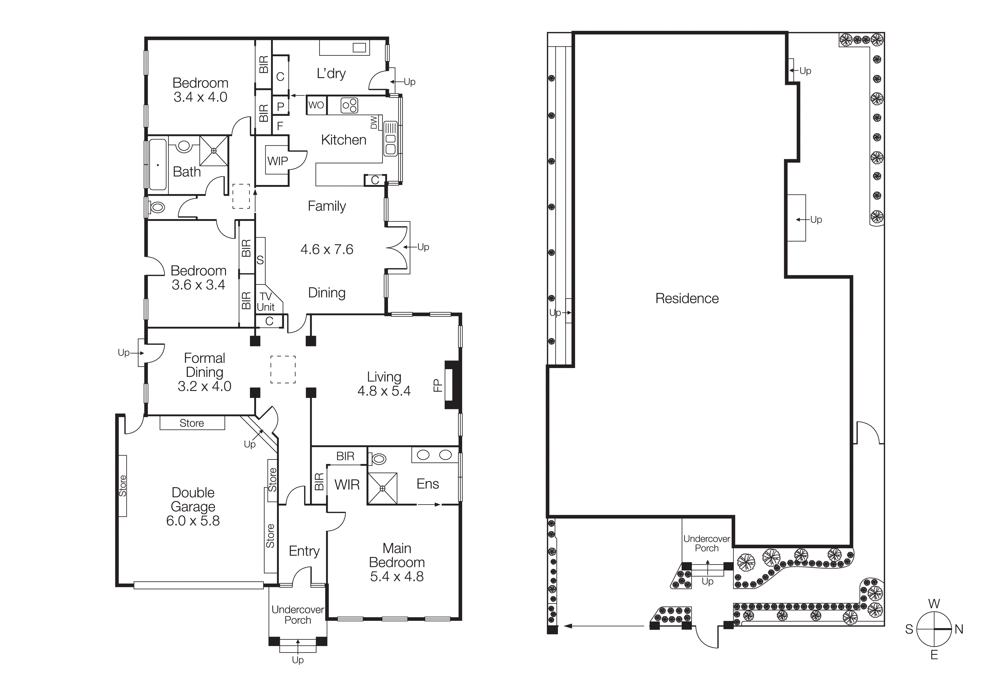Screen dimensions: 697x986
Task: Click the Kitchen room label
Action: [x=343, y=140]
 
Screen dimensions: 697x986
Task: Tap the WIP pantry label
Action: [x=277, y=161]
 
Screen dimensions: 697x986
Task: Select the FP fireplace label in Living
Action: [x=437, y=385]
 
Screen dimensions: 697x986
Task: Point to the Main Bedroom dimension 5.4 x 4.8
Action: [x=397, y=576]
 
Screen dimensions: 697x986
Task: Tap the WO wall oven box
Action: [x=316, y=105]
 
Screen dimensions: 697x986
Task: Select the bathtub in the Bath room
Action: [x=158, y=164]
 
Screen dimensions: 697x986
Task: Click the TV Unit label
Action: [x=266, y=301]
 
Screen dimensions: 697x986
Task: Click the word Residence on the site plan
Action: [x=687, y=299]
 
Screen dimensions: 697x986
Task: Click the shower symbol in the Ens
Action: [x=382, y=488]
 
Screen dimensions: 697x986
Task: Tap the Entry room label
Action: [x=304, y=551]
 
